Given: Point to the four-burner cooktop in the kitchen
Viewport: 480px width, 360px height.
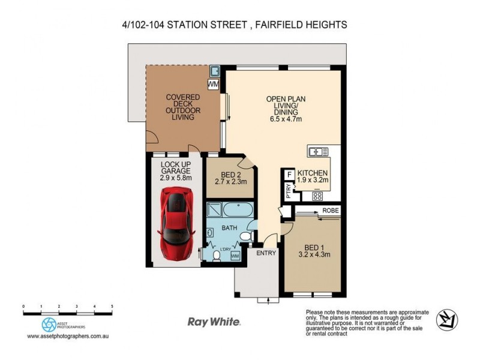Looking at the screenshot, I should pyautogui.click(x=317, y=196).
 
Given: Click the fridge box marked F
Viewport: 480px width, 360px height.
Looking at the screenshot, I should pyautogui.click(x=289, y=175).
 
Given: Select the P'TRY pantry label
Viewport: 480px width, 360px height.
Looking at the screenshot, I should pyautogui.click(x=289, y=190).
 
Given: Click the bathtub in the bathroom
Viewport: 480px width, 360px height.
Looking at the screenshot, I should pyautogui.click(x=237, y=211).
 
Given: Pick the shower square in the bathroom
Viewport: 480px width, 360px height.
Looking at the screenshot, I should pyautogui.click(x=214, y=211).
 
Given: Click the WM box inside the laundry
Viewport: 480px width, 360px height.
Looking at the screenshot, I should pyautogui.click(x=235, y=256).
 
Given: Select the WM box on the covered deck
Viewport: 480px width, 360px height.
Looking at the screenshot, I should pyautogui.click(x=213, y=85).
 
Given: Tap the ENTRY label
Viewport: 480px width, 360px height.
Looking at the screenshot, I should pyautogui.click(x=266, y=253).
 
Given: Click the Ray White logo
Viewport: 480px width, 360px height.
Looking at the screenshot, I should pyautogui.click(x=214, y=322).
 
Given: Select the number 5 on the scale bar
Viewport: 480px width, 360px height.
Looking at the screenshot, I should pyautogui.click(x=112, y=306).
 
